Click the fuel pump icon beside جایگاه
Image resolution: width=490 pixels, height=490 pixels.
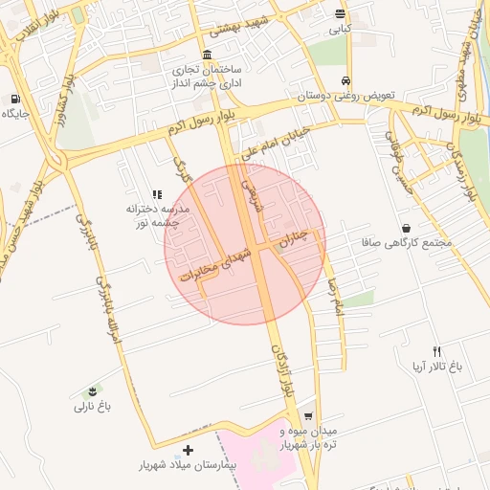click(x=15, y=99)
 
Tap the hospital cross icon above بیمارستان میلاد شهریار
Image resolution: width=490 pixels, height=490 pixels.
click(x=188, y=450)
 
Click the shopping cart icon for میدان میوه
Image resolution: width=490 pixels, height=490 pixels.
click(x=308, y=416)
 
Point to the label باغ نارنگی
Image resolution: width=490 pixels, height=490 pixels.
click(x=93, y=406)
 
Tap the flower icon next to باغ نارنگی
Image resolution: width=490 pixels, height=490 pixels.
click(x=93, y=391)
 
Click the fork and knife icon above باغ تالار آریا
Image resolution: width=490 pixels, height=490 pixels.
click(x=437, y=351)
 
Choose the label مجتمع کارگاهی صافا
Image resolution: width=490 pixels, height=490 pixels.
click(x=408, y=243)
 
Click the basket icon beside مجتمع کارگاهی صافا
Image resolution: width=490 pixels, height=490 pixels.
click(x=408, y=228)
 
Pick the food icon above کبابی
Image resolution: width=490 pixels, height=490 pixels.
click(x=341, y=13)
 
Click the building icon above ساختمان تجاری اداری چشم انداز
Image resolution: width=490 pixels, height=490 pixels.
click(x=208, y=55)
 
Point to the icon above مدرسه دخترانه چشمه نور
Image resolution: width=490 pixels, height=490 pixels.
click(x=157, y=194)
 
